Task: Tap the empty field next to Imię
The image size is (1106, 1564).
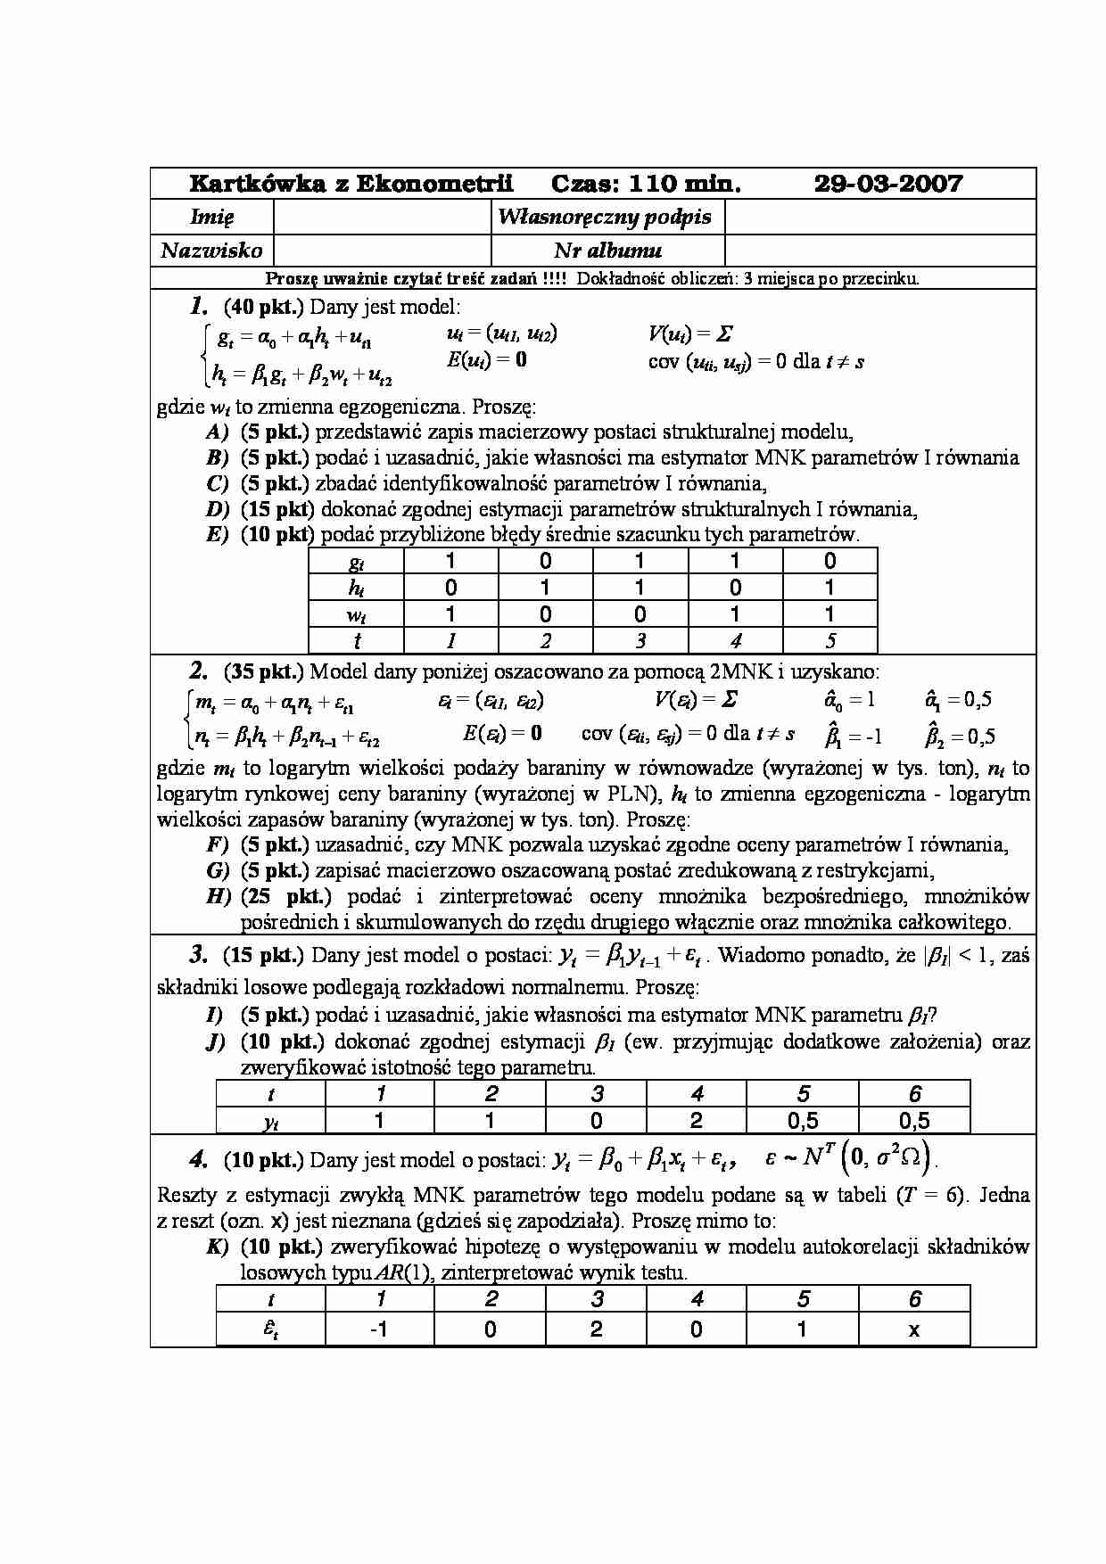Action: (x=383, y=217)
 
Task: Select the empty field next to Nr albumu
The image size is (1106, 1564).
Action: (x=879, y=250)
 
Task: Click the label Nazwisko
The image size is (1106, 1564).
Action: (x=212, y=251)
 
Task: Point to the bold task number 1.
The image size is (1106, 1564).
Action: (x=198, y=308)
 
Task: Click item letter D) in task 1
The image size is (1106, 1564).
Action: (x=218, y=509)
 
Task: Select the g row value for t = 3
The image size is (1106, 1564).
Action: (x=640, y=561)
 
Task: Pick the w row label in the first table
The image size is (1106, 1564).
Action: (x=356, y=614)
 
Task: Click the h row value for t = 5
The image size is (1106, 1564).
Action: (x=829, y=588)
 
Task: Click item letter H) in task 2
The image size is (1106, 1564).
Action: (x=219, y=896)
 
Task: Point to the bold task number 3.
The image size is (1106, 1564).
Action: (x=198, y=956)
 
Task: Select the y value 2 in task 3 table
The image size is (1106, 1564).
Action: (x=697, y=1121)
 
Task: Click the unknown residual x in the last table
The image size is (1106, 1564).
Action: (x=914, y=1329)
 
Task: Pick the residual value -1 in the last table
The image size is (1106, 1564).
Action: (x=379, y=1329)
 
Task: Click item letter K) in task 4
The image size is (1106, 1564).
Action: (x=218, y=1247)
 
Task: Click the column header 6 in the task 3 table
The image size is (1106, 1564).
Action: (x=914, y=1094)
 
